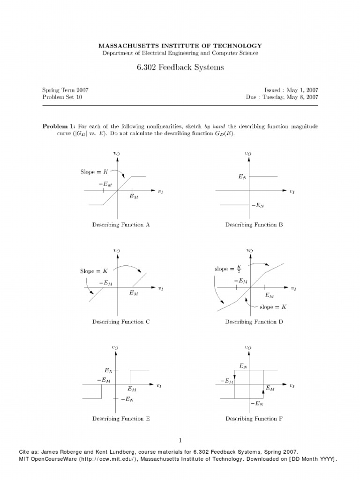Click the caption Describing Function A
121,225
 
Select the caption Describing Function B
254,225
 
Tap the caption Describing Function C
121,322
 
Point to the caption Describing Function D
254,322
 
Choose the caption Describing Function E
121,419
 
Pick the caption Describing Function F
254,419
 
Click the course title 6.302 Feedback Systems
180,67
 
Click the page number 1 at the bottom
180,440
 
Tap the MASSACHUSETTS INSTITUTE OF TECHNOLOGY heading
180,45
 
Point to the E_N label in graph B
242,177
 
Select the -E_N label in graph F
257,403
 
